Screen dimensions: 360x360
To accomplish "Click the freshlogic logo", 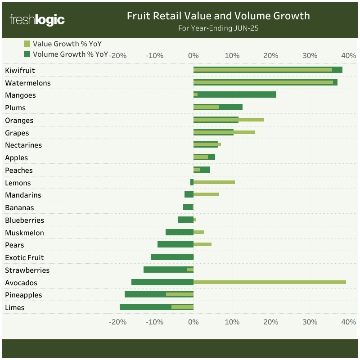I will pyautogui.click(x=37, y=20).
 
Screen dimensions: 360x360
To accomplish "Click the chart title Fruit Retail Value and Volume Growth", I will pyautogui.click(x=218, y=16).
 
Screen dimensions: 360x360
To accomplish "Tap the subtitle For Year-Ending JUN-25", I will pyautogui.click(x=218, y=28).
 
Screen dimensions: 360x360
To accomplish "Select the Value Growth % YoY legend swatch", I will pyautogui.click(x=27, y=44).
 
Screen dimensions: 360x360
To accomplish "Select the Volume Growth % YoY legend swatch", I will pyautogui.click(x=27, y=54).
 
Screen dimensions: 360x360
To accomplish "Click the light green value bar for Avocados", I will pyautogui.click(x=270, y=282).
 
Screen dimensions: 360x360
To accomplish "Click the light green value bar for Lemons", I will pyautogui.click(x=214, y=182).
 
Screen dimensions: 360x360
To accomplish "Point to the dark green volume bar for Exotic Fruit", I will pyautogui.click(x=172, y=257).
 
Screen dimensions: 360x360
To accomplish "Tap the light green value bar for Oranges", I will pyautogui.click(x=252, y=120).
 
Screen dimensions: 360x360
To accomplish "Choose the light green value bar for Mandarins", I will pyautogui.click(x=206, y=194).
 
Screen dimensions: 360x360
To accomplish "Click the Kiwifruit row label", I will pyautogui.click(x=20, y=70).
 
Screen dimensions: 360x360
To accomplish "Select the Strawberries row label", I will pyautogui.click(x=27, y=270).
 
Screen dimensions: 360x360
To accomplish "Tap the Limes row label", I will pyautogui.click(x=15, y=308).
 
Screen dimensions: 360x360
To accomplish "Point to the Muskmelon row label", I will pyautogui.click(x=24, y=233).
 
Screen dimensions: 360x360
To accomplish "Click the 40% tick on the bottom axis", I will pyautogui.click(x=349, y=322).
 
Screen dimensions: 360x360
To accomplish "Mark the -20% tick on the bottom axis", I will pyautogui.click(x=117, y=322).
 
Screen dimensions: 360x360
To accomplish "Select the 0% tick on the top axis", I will pyautogui.click(x=193, y=56).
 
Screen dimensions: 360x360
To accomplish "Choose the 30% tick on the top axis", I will pyautogui.click(x=310, y=56).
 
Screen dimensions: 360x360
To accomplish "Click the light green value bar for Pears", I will pyautogui.click(x=202, y=244).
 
